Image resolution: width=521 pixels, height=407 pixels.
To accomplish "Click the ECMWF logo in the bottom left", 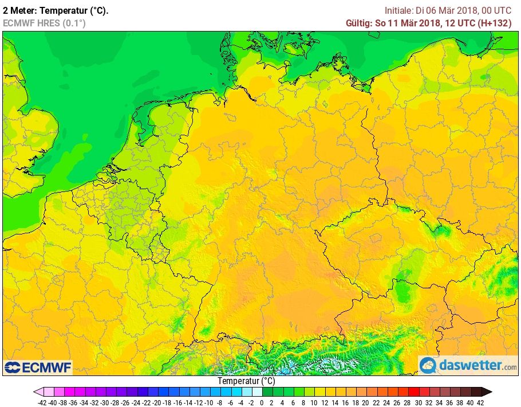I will tap(38, 367).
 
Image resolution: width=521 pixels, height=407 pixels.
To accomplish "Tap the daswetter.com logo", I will tap(468, 365).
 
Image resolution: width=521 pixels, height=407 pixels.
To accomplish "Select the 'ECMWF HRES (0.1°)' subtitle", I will tap(44, 23).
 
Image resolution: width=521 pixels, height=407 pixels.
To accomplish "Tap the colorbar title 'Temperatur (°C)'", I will tap(246, 381).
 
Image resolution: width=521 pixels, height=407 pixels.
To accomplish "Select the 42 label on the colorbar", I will tap(480, 402).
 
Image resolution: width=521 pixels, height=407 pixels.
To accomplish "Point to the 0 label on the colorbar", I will tap(262, 402).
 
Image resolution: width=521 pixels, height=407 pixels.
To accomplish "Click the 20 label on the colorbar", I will tap(365, 402).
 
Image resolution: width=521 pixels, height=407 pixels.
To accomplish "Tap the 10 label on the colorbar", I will tap(313, 402).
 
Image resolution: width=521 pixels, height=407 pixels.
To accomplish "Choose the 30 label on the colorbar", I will tap(417, 402).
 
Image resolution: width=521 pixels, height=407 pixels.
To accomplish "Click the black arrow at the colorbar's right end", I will tap(486, 392).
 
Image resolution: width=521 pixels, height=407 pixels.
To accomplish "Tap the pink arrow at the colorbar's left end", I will tap(38, 392).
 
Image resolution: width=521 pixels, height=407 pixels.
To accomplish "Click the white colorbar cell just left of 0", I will tap(257, 392).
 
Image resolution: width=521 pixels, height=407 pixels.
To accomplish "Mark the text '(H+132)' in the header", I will tap(496, 23).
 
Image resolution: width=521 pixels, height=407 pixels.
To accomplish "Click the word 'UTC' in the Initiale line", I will tap(502, 10).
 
